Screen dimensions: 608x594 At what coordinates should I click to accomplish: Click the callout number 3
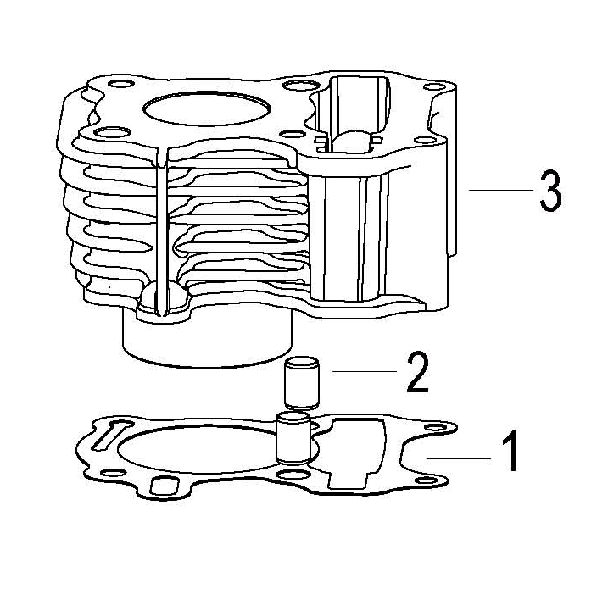coord(550,192)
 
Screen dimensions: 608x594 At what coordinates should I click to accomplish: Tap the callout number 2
coord(417,372)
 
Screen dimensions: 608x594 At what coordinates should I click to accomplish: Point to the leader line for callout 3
coord(501,190)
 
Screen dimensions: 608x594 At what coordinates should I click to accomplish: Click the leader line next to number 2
coord(365,372)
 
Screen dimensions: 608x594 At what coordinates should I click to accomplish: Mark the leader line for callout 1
coord(459,458)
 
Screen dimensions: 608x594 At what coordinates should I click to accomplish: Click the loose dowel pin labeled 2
coord(302,383)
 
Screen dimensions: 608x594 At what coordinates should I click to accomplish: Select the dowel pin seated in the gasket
coord(293,438)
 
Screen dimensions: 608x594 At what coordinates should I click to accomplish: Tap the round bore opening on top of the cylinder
coord(206,108)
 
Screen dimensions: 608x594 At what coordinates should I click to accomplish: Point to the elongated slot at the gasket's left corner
coord(110,435)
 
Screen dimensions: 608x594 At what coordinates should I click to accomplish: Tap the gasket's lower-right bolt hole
coord(427,480)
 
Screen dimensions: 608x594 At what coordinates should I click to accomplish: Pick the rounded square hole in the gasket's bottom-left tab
coord(164,486)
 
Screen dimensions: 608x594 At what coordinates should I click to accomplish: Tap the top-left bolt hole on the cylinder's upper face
coord(122,84)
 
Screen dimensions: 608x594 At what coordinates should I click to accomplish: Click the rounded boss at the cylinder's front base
coord(163,299)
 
